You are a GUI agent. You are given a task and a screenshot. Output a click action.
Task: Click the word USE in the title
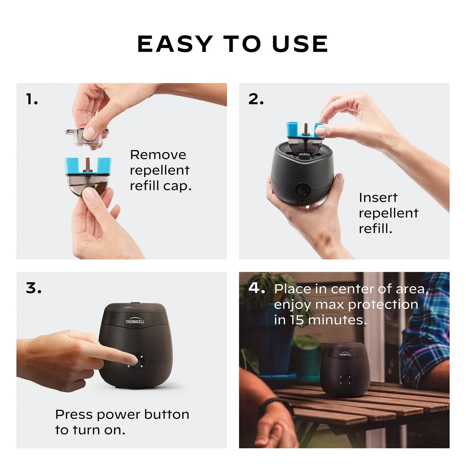pyautogui.click(x=300, y=44)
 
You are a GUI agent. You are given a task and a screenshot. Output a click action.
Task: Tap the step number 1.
pyautogui.click(x=32, y=99)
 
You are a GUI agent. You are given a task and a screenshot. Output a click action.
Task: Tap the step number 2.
pyautogui.click(x=256, y=99)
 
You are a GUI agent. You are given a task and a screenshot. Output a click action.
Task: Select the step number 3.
pyautogui.click(x=34, y=288)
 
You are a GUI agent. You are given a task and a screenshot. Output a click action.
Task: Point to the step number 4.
pyautogui.click(x=256, y=288)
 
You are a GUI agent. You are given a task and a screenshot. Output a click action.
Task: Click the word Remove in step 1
pyautogui.click(x=158, y=155)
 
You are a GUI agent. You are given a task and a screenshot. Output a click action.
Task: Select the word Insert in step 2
pyautogui.click(x=378, y=197)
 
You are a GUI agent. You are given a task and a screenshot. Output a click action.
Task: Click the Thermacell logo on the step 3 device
pyautogui.click(x=135, y=321)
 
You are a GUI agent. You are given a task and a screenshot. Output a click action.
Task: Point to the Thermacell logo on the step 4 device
pyautogui.click(x=345, y=354)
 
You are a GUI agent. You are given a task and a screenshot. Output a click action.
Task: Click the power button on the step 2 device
pyautogui.click(x=302, y=189)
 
